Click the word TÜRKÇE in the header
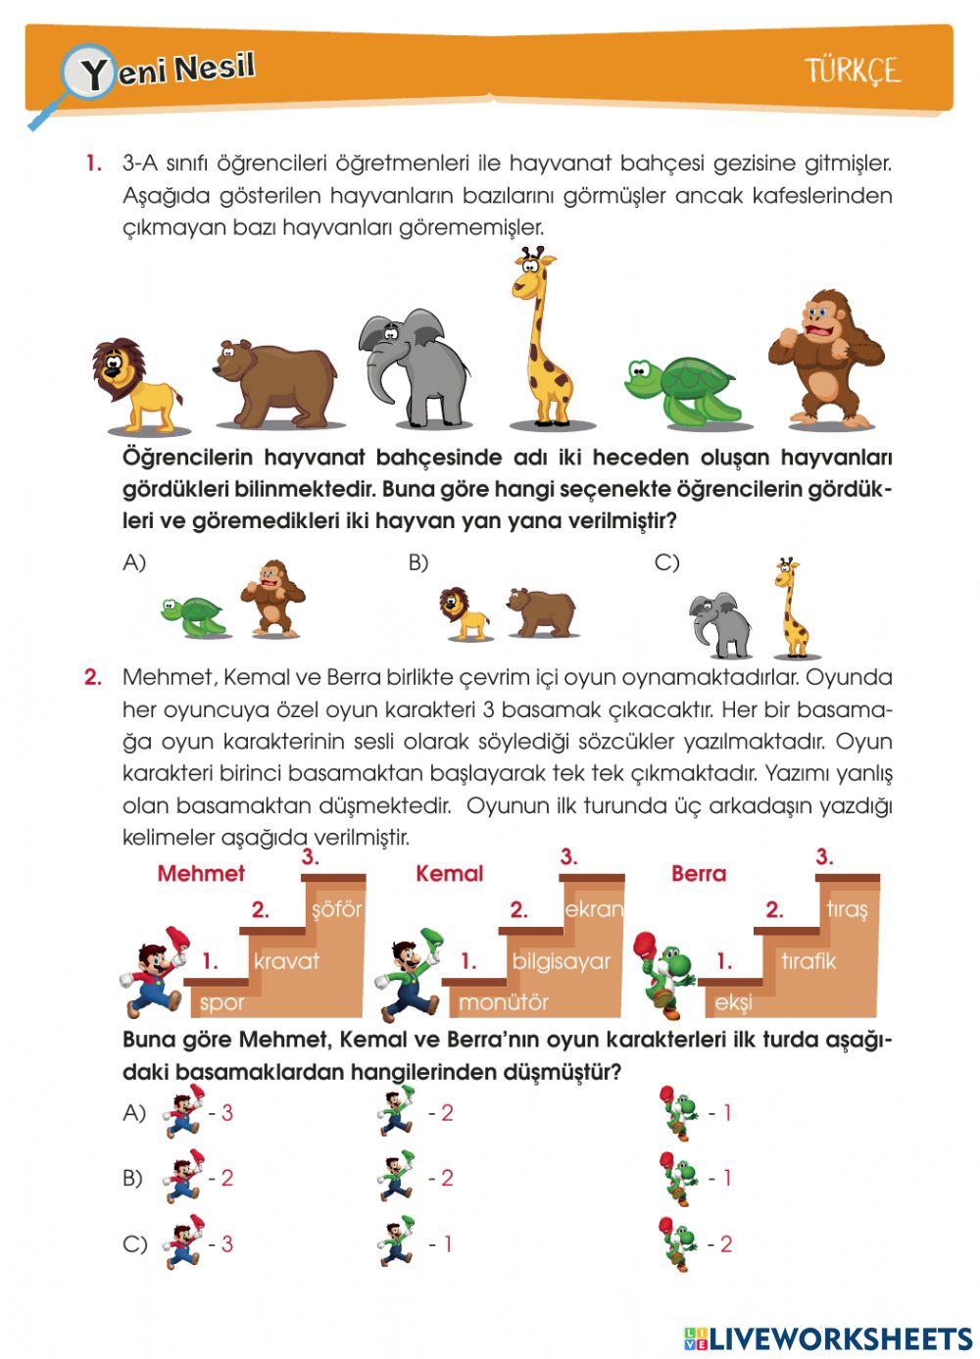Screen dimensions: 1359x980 [x=853, y=71]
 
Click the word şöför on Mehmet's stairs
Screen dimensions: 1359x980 [x=336, y=909]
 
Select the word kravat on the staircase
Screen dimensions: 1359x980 [x=286, y=961]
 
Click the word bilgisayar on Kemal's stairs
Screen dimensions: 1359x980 [x=562, y=962]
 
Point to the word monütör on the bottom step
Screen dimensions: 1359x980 [x=504, y=1002]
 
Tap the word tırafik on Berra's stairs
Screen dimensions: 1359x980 [x=808, y=961]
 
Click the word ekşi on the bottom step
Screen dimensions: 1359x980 [x=733, y=1003]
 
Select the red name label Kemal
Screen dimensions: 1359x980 [x=449, y=873]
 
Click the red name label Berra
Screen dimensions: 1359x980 [x=699, y=873]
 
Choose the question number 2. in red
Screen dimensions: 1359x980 [x=93, y=677]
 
